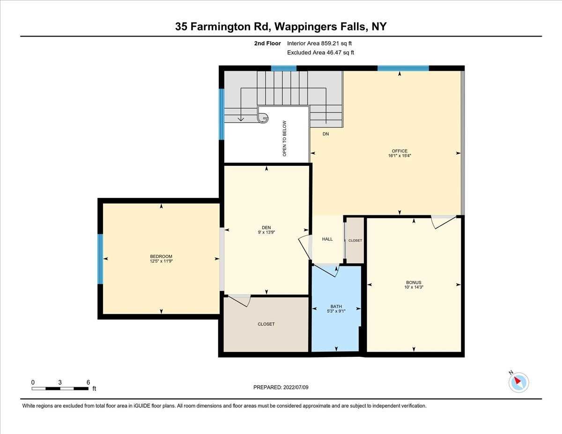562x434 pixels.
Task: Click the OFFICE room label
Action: (x=399, y=151)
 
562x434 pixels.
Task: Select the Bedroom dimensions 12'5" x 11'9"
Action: (x=161, y=261)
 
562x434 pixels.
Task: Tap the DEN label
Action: (x=266, y=228)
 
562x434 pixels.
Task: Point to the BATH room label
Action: (x=336, y=307)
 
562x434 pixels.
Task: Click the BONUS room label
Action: (x=414, y=282)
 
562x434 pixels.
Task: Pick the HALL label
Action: (x=327, y=239)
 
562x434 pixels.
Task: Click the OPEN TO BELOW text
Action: (x=284, y=138)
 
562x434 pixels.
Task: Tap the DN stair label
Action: (x=326, y=134)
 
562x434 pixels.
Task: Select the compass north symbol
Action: (x=518, y=382)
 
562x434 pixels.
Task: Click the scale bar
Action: (x=60, y=388)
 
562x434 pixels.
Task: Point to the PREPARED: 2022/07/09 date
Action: (x=281, y=387)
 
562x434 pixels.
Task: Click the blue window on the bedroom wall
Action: (x=100, y=259)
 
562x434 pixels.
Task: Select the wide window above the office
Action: (x=403, y=68)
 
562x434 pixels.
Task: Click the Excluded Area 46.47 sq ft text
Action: (x=320, y=52)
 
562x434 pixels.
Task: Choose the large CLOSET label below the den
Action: (x=266, y=324)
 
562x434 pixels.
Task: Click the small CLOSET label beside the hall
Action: (x=355, y=241)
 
